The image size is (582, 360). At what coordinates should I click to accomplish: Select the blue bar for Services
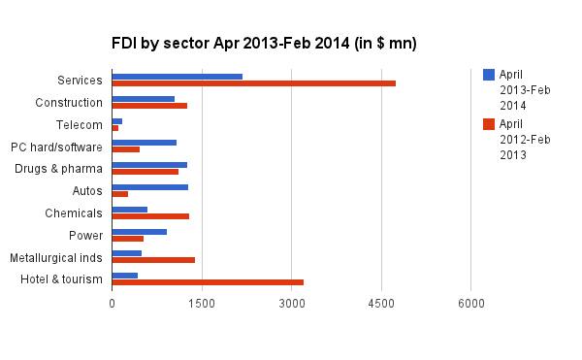tap(178, 76)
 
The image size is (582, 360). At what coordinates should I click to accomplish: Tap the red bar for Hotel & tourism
tap(208, 282)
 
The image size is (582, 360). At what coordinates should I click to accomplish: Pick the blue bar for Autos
tap(150, 187)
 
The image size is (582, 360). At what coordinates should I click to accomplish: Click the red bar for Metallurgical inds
tap(153, 260)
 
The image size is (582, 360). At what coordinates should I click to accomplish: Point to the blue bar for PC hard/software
tap(145, 143)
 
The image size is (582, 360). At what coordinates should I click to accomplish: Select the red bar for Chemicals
tap(150, 215)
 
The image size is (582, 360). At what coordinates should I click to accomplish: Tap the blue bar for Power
tap(140, 231)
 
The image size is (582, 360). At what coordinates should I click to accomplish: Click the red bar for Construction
tap(149, 106)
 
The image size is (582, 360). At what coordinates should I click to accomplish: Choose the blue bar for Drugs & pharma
tap(149, 165)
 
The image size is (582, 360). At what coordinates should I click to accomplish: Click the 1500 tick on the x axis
tap(202, 304)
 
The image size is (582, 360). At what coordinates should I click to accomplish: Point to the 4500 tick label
tap(381, 304)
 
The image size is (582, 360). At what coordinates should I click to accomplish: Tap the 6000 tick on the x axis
tap(471, 304)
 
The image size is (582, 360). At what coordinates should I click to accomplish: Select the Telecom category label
tap(80, 124)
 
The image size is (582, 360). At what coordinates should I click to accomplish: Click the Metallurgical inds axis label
tap(55, 258)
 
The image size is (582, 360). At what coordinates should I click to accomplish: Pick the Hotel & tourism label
tap(61, 280)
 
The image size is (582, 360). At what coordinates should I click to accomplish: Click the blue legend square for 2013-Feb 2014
tap(489, 75)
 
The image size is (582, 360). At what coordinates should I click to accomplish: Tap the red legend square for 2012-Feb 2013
tap(489, 124)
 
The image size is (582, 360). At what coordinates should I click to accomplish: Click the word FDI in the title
tap(125, 44)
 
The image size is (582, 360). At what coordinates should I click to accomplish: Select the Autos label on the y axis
tap(88, 191)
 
